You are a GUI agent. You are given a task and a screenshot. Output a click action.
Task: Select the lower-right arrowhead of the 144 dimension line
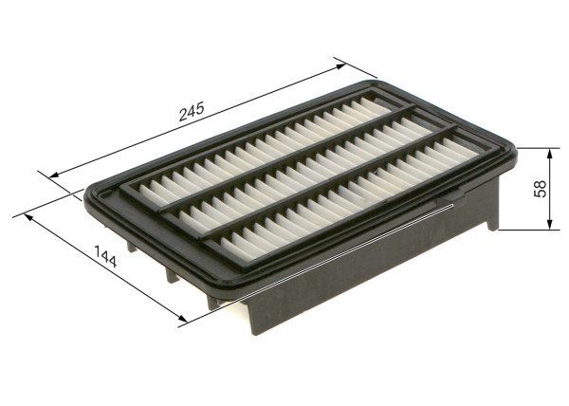click(x=181, y=321)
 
